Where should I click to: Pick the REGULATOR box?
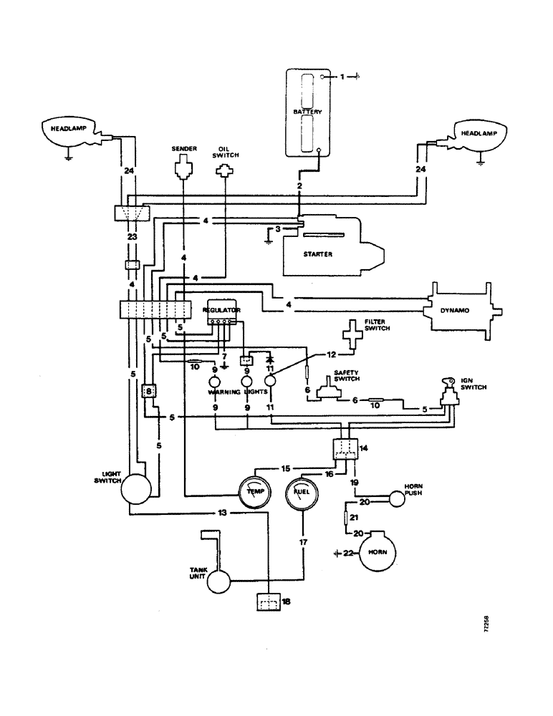[221, 311]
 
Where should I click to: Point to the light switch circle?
[135, 490]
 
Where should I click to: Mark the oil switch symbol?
[226, 171]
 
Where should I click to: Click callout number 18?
[287, 601]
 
